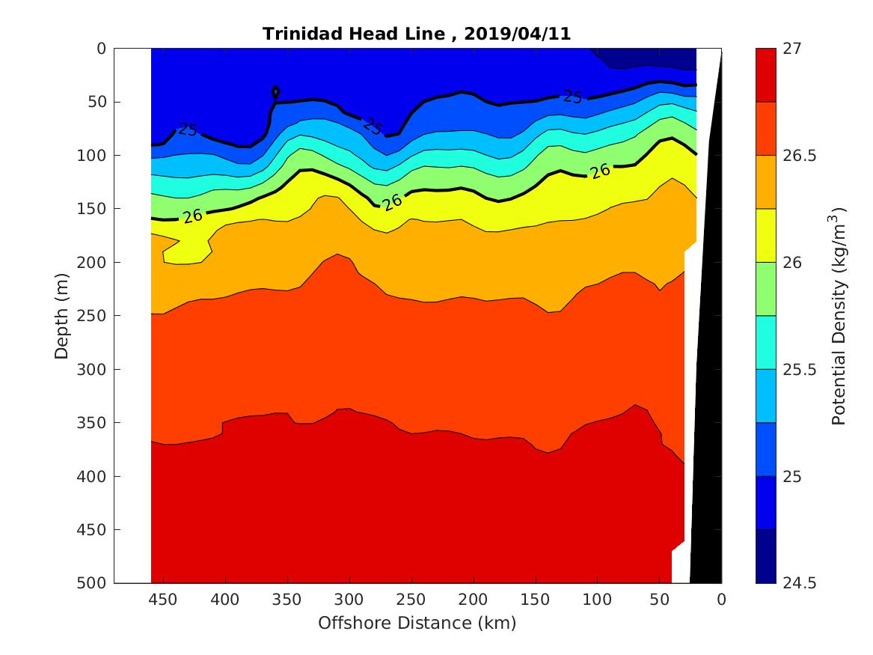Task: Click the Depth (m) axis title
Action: [x=62, y=315]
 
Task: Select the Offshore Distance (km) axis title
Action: [x=417, y=623]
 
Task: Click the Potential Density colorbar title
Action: [x=839, y=315]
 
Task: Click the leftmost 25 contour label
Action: [x=187, y=130]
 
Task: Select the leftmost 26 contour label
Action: [x=193, y=216]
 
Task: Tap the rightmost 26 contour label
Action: [x=600, y=171]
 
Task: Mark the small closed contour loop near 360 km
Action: [x=276, y=92]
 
